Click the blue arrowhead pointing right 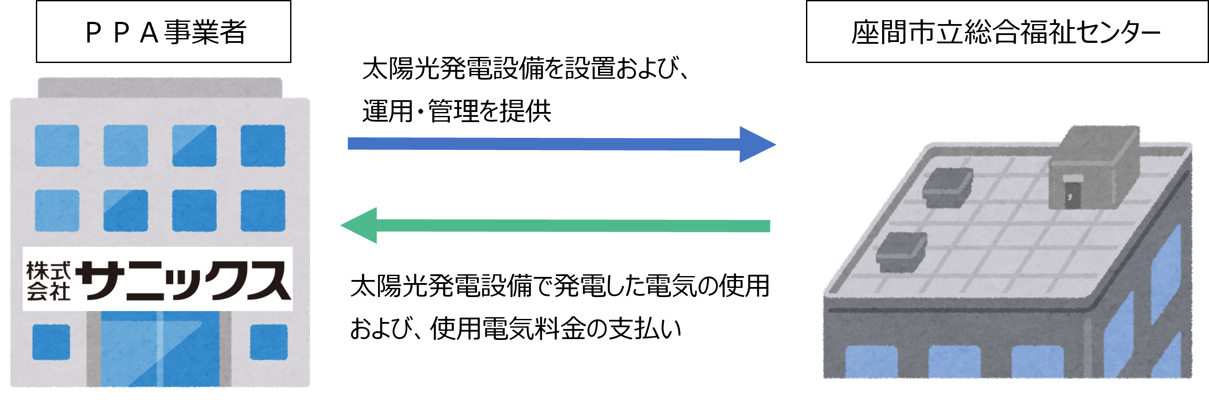tap(756, 144)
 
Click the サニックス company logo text tap(183, 280)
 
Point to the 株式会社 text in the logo tap(48, 280)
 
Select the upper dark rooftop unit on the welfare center tap(947, 188)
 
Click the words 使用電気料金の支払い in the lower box tap(556, 329)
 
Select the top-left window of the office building tap(57, 146)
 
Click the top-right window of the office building tap(263, 146)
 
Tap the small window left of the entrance tap(51, 342)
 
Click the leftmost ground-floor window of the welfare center tap(871, 362)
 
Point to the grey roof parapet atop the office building tap(160, 87)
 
